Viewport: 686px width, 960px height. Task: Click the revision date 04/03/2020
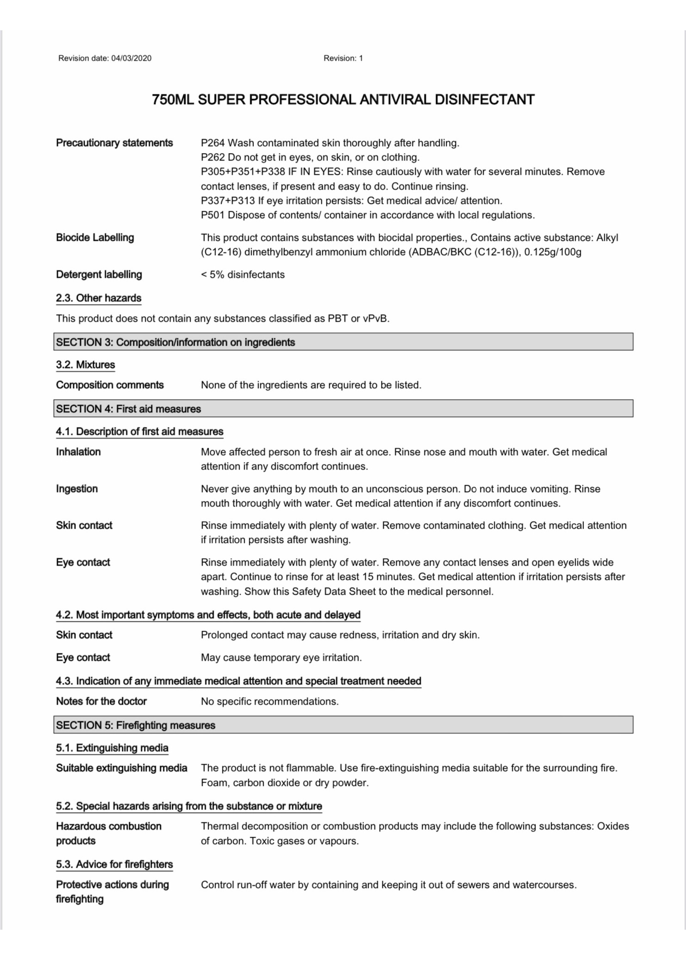pyautogui.click(x=131, y=58)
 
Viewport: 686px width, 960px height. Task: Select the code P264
pyautogui.click(x=213, y=143)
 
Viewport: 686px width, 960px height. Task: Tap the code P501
pyautogui.click(x=213, y=215)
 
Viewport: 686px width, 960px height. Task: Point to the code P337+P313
pyautogui.click(x=228, y=200)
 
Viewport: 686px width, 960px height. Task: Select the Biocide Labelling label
pyautogui.click(x=95, y=238)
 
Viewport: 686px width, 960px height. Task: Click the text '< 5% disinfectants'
pyautogui.click(x=243, y=274)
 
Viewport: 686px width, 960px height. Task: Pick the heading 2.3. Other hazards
pyautogui.click(x=98, y=298)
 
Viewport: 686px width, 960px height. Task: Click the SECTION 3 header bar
pyautogui.click(x=343, y=342)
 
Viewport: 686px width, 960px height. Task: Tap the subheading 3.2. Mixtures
pyautogui.click(x=85, y=365)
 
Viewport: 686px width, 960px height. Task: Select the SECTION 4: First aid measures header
pyautogui.click(x=128, y=409)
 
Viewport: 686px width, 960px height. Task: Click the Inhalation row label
pyautogui.click(x=78, y=452)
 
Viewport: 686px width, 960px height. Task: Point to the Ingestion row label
pyautogui.click(x=77, y=489)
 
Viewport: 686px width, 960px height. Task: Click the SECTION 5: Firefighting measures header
pyautogui.click(x=136, y=725)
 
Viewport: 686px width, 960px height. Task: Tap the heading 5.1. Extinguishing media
pyautogui.click(x=112, y=748)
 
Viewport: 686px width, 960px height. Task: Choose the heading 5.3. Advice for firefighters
pyautogui.click(x=115, y=864)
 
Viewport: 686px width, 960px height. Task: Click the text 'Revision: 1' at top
pyautogui.click(x=343, y=58)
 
